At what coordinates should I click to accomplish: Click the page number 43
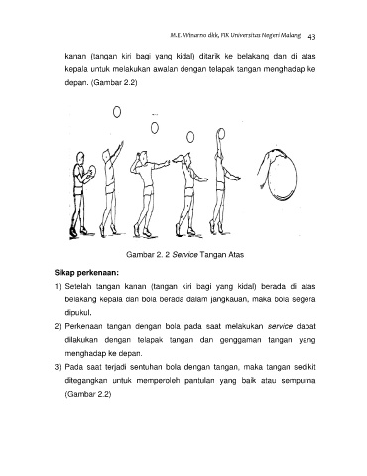(311, 37)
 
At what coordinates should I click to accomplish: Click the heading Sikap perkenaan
(86, 273)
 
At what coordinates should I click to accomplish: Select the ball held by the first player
(93, 171)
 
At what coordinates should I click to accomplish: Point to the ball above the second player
(117, 112)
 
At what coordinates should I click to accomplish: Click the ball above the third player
(155, 128)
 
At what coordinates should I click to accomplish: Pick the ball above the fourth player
(190, 137)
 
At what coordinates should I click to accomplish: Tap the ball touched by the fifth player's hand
(221, 134)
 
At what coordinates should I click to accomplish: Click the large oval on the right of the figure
(297, 176)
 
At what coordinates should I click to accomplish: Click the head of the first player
(80, 158)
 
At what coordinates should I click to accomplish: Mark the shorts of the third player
(149, 190)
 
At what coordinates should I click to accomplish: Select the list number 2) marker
(58, 327)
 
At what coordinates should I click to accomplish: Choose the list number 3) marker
(58, 367)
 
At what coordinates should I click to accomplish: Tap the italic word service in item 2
(280, 326)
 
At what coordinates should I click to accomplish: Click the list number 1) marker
(58, 287)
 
